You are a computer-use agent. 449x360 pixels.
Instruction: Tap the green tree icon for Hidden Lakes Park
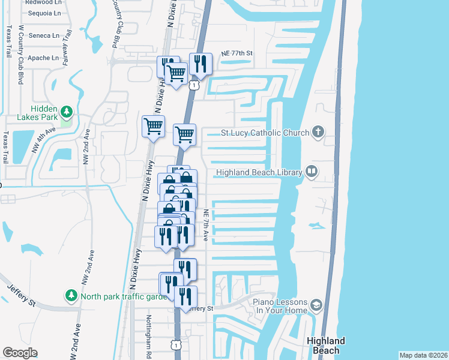tap(67, 112)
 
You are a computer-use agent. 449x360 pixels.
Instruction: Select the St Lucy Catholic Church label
tap(265, 133)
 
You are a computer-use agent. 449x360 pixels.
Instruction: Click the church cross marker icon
tap(318, 132)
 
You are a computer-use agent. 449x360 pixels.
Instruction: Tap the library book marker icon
tap(312, 172)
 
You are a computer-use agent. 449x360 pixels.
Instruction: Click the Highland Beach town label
tap(326, 345)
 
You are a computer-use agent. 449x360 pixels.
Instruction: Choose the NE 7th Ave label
tap(205, 226)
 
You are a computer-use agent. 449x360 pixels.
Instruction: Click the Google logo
tap(20, 353)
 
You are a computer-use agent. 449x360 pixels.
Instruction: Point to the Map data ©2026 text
tap(423, 355)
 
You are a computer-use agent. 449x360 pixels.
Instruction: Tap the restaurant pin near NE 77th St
tap(200, 64)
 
